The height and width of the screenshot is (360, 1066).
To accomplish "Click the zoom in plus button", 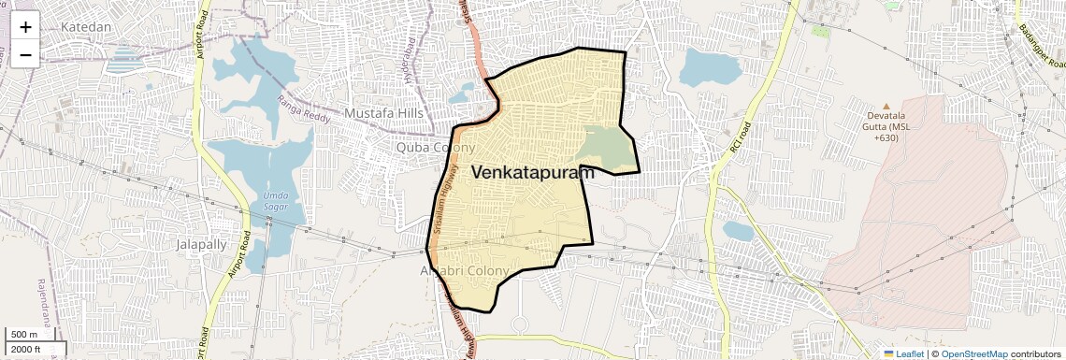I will [x=25, y=27].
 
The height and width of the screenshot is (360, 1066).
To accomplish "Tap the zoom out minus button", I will [x=25, y=54].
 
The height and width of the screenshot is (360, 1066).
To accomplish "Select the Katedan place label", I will [x=86, y=27].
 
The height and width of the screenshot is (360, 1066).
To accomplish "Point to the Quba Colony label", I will [x=436, y=148].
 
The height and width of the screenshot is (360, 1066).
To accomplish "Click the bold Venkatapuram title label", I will [x=533, y=173].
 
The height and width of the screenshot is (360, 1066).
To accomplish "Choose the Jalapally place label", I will [x=201, y=244].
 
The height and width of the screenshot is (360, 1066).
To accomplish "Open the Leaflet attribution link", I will [x=903, y=353].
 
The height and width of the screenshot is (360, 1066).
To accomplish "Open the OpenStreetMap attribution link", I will [x=974, y=353].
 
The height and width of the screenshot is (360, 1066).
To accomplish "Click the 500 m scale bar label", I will [x=24, y=335].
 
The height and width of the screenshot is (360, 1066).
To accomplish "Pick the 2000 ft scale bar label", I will [x=25, y=350].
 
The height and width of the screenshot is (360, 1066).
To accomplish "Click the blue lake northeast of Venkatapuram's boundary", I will [x=710, y=67].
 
